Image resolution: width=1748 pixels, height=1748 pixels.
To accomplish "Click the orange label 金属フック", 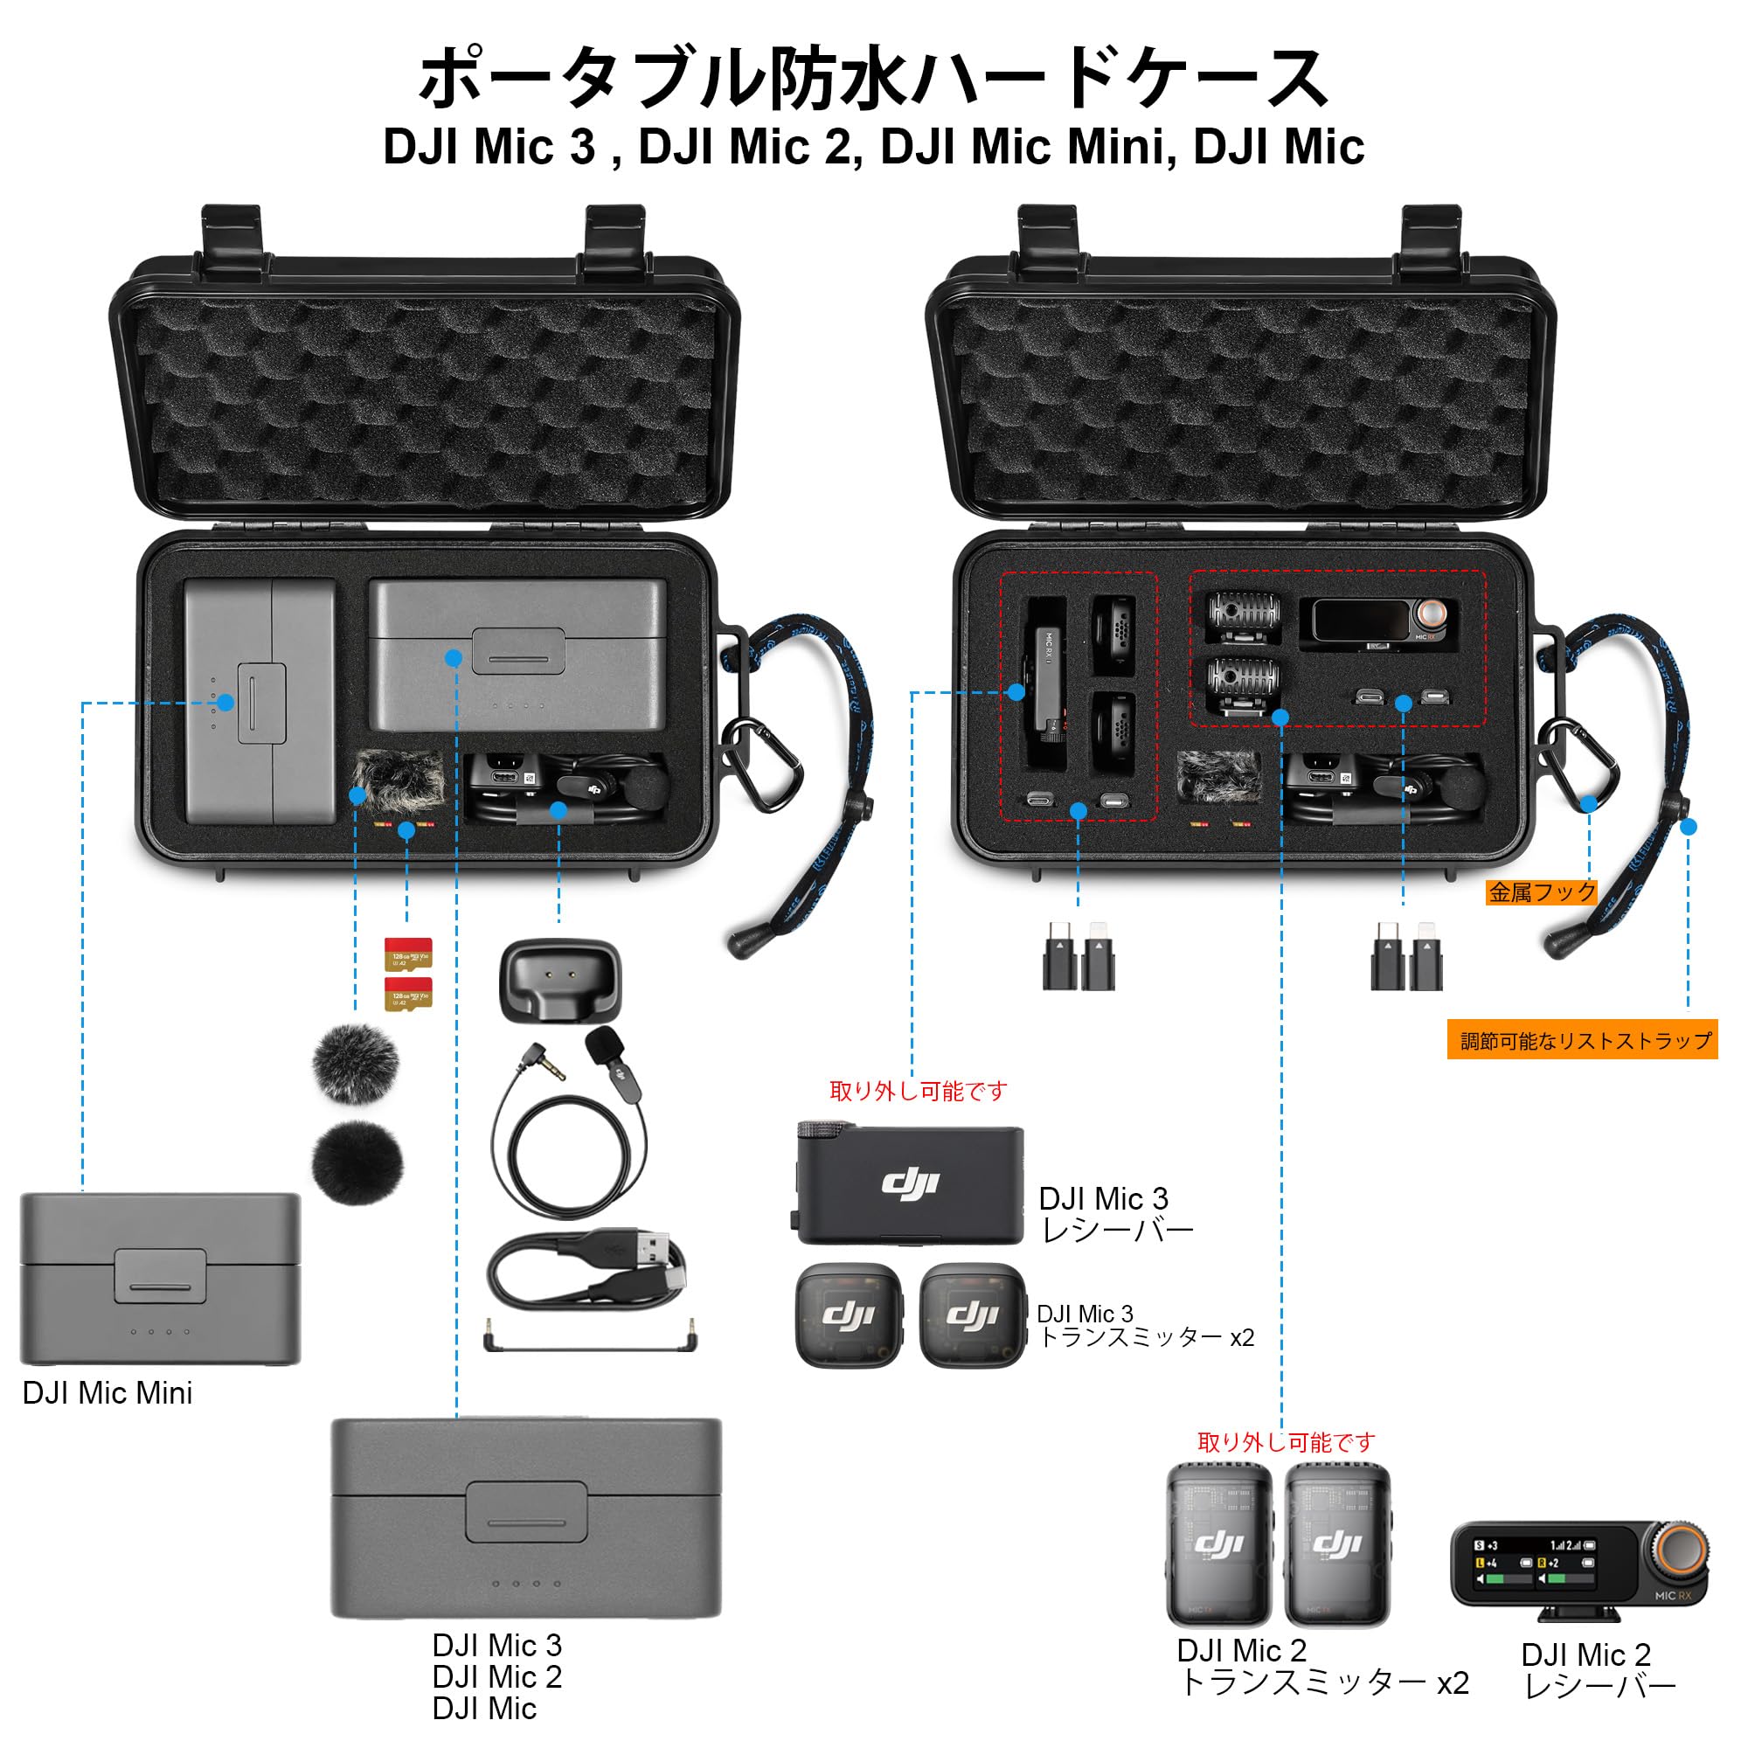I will pos(1542,893).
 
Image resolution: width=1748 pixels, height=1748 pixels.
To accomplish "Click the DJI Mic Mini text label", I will pos(107,1393).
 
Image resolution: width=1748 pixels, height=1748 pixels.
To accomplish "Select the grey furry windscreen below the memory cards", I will pos(356,1064).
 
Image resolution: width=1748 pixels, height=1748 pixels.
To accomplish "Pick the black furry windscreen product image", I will pos(357,1162).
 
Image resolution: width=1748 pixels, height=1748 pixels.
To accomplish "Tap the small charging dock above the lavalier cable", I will pos(560,982).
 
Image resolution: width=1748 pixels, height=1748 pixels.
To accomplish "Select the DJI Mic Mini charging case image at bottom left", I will pos(160,1279).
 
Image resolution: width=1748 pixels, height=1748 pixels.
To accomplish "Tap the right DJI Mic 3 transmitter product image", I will pos(973,1314).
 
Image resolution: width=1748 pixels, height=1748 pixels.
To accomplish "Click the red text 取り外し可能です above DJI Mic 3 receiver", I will pos(918,1091).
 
